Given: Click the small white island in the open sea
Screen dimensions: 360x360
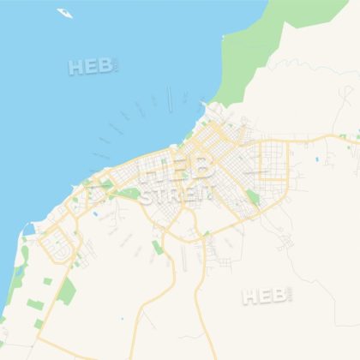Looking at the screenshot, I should click(x=65, y=13).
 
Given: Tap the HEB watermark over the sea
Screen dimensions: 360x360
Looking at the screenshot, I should click(x=93, y=66).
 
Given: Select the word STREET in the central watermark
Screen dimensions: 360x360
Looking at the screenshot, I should click(x=177, y=195).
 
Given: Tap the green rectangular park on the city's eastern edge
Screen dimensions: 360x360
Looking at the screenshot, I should click(x=253, y=199).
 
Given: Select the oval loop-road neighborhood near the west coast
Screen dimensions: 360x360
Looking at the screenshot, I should click(x=59, y=243).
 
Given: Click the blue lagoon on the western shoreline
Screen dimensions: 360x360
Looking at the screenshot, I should click(x=29, y=230).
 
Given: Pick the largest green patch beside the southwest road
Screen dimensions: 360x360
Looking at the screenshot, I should click(x=67, y=293).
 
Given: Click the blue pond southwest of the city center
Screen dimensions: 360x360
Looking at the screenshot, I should click(x=95, y=213).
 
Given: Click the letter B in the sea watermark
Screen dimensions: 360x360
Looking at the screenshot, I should click(x=105, y=66).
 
